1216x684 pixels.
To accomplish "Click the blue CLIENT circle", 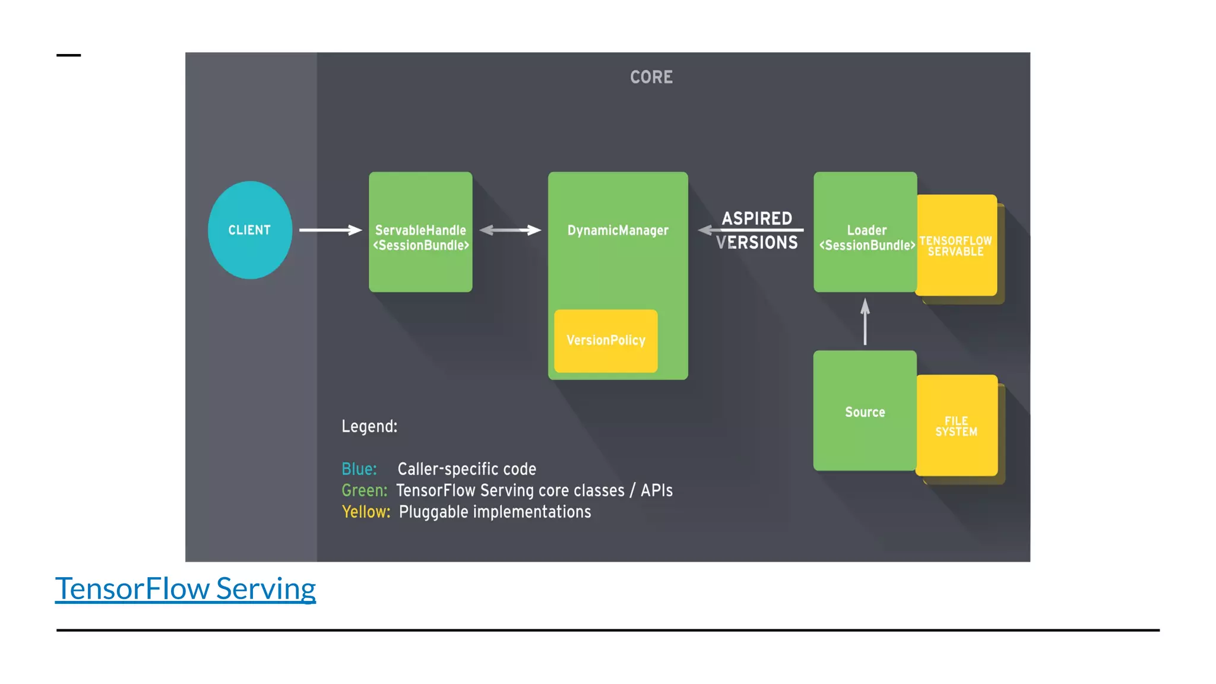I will [250, 230].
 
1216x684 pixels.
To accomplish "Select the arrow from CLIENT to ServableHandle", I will [330, 230].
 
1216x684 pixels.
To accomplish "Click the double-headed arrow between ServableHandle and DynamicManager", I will [510, 230].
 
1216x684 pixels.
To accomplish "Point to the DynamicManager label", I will [617, 230].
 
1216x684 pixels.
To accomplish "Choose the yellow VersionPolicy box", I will [606, 341].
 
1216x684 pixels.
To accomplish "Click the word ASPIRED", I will [756, 218].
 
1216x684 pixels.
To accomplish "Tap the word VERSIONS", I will [756, 243].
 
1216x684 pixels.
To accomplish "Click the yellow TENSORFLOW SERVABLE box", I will [956, 246].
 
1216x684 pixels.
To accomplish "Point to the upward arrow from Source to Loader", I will [865, 322].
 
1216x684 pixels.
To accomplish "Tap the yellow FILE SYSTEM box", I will [956, 426].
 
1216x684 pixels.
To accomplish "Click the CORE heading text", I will [651, 77].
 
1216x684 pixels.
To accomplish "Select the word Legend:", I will [369, 426].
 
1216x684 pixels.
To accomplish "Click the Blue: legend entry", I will [359, 469].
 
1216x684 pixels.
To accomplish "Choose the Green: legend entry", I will [364, 490].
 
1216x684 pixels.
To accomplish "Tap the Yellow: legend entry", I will [366, 512].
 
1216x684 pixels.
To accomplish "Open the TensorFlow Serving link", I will [185, 588].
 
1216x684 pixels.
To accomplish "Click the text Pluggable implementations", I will [495, 512].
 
